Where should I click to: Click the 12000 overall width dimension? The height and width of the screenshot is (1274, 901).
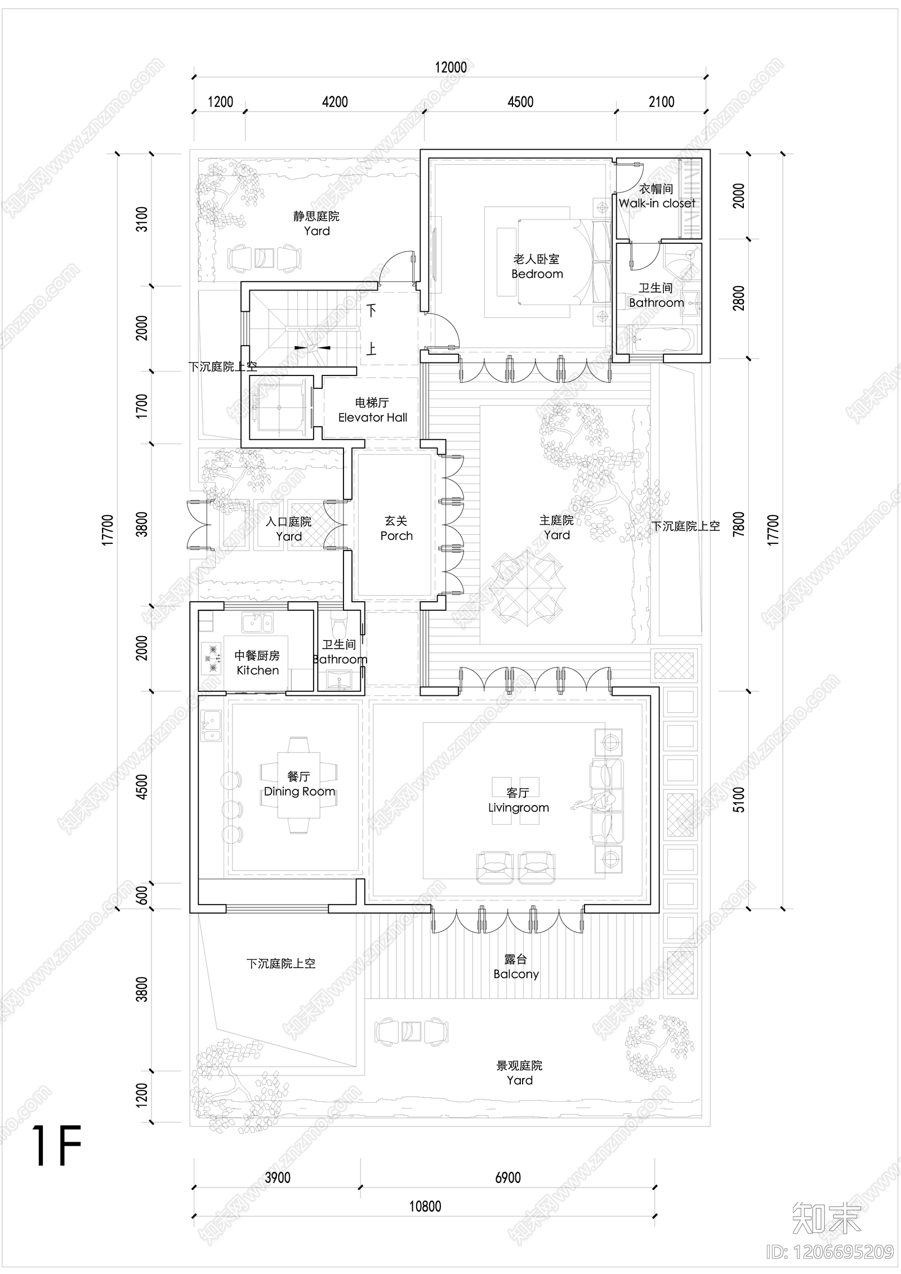click(x=450, y=68)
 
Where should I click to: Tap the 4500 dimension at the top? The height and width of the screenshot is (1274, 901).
click(x=520, y=102)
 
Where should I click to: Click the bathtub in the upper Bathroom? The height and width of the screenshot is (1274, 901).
click(x=664, y=340)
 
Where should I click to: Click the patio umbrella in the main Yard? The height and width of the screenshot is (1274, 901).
click(x=527, y=589)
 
